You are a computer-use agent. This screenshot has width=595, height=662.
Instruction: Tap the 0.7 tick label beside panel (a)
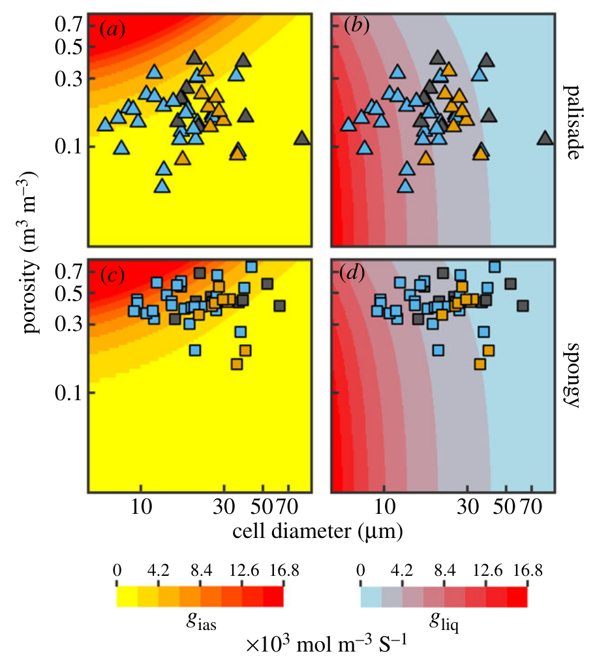tap(67, 25)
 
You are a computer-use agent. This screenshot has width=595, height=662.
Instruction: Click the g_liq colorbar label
tap(444, 621)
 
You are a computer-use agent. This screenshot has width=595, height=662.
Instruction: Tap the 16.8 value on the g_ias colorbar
tap(283, 570)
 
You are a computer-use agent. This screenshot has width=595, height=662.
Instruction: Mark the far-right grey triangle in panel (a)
tap(301, 138)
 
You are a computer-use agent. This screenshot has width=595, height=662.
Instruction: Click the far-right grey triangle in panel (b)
tap(545, 138)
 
